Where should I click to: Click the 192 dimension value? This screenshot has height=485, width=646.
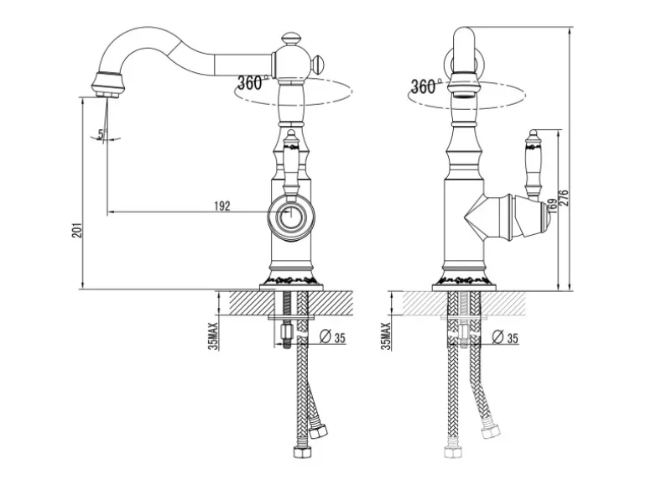[222, 206]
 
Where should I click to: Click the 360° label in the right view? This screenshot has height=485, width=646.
[424, 86]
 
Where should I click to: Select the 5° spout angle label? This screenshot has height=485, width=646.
[102, 133]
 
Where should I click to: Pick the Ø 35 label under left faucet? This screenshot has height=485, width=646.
[336, 337]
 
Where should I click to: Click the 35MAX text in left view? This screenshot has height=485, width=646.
[213, 333]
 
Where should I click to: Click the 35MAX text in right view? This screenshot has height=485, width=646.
[387, 335]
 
